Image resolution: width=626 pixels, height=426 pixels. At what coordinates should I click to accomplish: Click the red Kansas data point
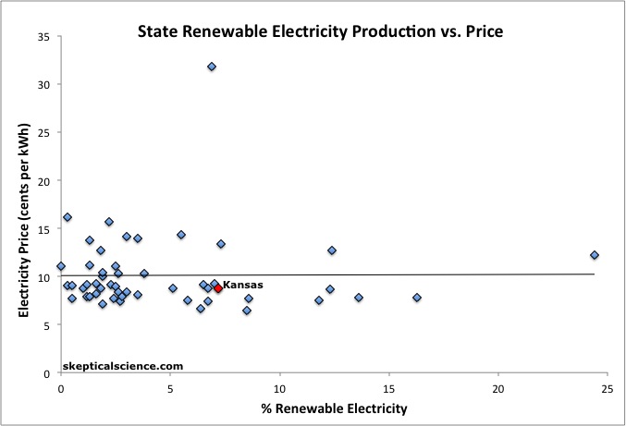point(218,288)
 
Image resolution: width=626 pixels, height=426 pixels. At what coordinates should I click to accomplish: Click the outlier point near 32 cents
point(212,67)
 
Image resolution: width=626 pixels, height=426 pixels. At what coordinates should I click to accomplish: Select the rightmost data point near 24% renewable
point(595,255)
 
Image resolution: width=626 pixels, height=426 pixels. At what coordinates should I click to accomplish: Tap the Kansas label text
point(243,286)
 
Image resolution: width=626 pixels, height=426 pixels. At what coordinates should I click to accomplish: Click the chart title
point(319,31)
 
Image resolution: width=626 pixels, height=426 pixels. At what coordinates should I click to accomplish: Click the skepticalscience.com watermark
point(117,366)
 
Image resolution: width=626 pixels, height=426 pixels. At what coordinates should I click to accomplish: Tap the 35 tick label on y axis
point(43,36)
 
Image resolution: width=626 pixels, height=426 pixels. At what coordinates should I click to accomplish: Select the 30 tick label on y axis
point(43,84)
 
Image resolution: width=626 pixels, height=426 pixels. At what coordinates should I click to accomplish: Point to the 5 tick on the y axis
point(46,325)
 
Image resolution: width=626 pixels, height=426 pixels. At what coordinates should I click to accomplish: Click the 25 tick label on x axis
point(607,389)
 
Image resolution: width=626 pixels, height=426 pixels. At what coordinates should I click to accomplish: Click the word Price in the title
point(480,31)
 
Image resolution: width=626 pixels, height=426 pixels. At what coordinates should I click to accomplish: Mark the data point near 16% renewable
point(417,298)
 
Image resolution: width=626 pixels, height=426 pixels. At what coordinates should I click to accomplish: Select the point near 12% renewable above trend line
point(331,250)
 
